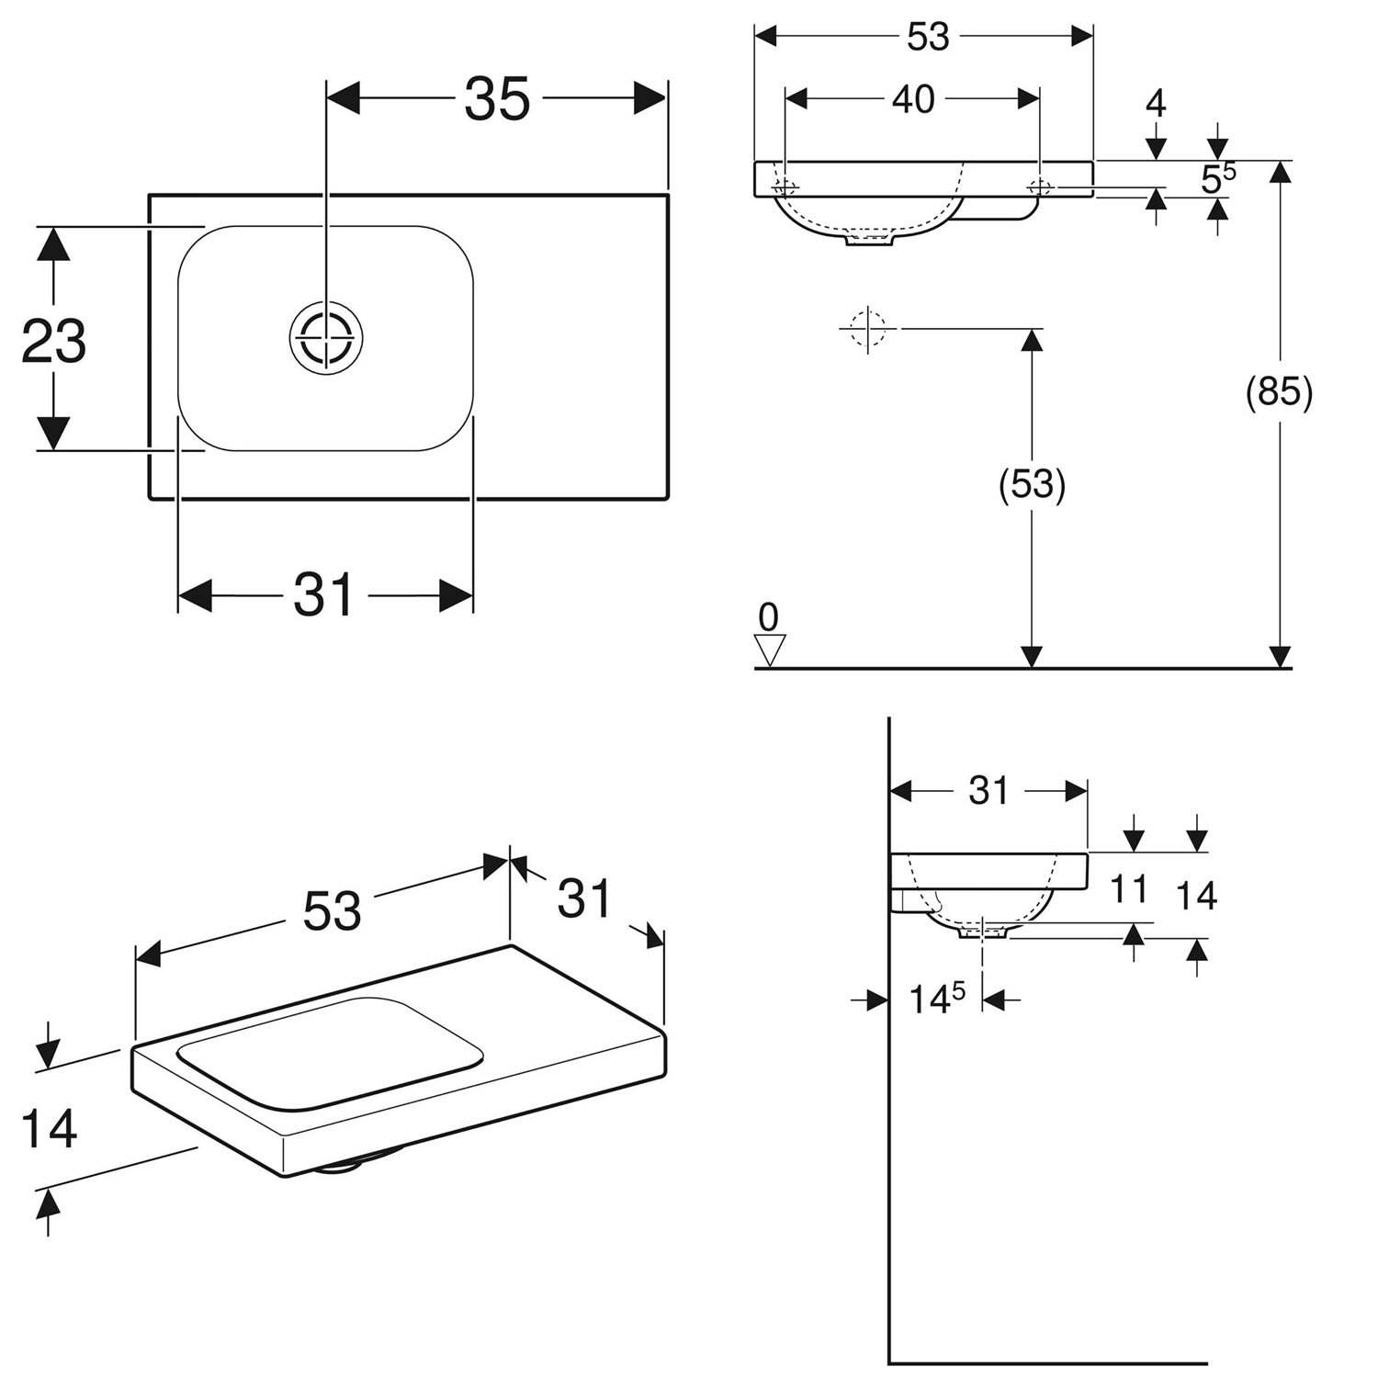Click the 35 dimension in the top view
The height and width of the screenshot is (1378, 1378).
coord(497,99)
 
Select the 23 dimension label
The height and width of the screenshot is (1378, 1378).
coord(54,341)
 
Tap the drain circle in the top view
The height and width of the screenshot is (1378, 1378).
coord(326,337)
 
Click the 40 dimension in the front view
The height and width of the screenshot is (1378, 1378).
coord(913,99)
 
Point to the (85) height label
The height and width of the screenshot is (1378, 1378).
coord(1279,393)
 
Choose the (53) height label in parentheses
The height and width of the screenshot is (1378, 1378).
coord(1032,484)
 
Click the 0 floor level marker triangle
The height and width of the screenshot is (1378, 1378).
coord(770,649)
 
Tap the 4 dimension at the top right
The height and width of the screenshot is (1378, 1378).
coord(1157,104)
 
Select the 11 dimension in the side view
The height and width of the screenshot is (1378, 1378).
coord(1129,888)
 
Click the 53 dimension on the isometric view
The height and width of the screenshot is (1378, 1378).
coord(332,910)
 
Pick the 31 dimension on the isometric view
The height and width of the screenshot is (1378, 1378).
coord(585,898)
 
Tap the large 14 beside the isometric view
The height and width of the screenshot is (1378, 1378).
coord(49,1129)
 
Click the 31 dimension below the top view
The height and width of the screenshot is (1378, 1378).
coord(324,595)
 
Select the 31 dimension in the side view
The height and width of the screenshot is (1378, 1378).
coord(988,791)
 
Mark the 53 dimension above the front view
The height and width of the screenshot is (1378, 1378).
coord(928,37)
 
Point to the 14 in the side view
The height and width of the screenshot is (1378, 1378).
coord(1196,895)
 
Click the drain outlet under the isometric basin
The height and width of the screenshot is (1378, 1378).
coord(340,1168)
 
